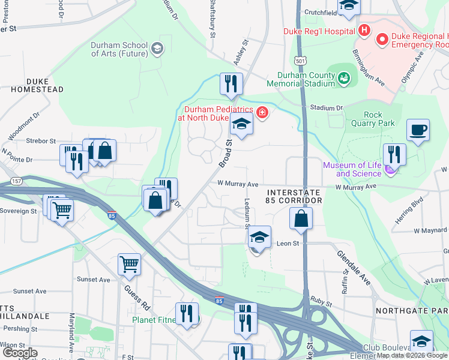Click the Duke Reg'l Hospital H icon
pyautogui.click(x=363, y=30)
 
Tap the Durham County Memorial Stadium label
pyautogui.click(x=306, y=80)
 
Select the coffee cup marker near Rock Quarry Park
pyautogui.click(x=418, y=130)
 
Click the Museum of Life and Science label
pyautogui.click(x=352, y=169)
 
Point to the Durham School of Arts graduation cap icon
pyautogui.click(x=157, y=49)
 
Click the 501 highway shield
pyautogui.click(x=301, y=61)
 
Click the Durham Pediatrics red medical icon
pyautogui.click(x=262, y=112)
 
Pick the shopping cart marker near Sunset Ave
pyautogui.click(x=130, y=264)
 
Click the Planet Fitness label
pyautogui.click(x=154, y=320)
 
